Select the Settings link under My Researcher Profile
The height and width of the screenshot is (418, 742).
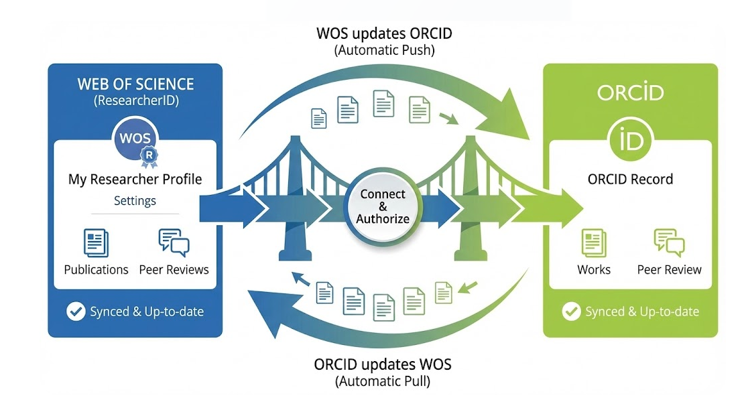pos(135,200)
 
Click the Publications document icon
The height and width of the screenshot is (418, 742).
pos(97,242)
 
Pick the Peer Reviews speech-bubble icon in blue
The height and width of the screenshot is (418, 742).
pos(174,242)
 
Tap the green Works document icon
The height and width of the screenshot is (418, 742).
pos(594,243)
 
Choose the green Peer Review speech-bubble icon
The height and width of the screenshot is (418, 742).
pos(669,242)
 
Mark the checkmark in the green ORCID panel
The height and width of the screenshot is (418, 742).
pos(571,311)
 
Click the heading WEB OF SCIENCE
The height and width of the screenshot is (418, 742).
pos(135,84)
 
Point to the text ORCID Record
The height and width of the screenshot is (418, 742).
pos(630,180)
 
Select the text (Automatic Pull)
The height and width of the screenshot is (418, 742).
pos(383,382)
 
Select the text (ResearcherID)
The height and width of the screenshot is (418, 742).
pos(135,101)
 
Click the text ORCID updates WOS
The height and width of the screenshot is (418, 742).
pos(383,365)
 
